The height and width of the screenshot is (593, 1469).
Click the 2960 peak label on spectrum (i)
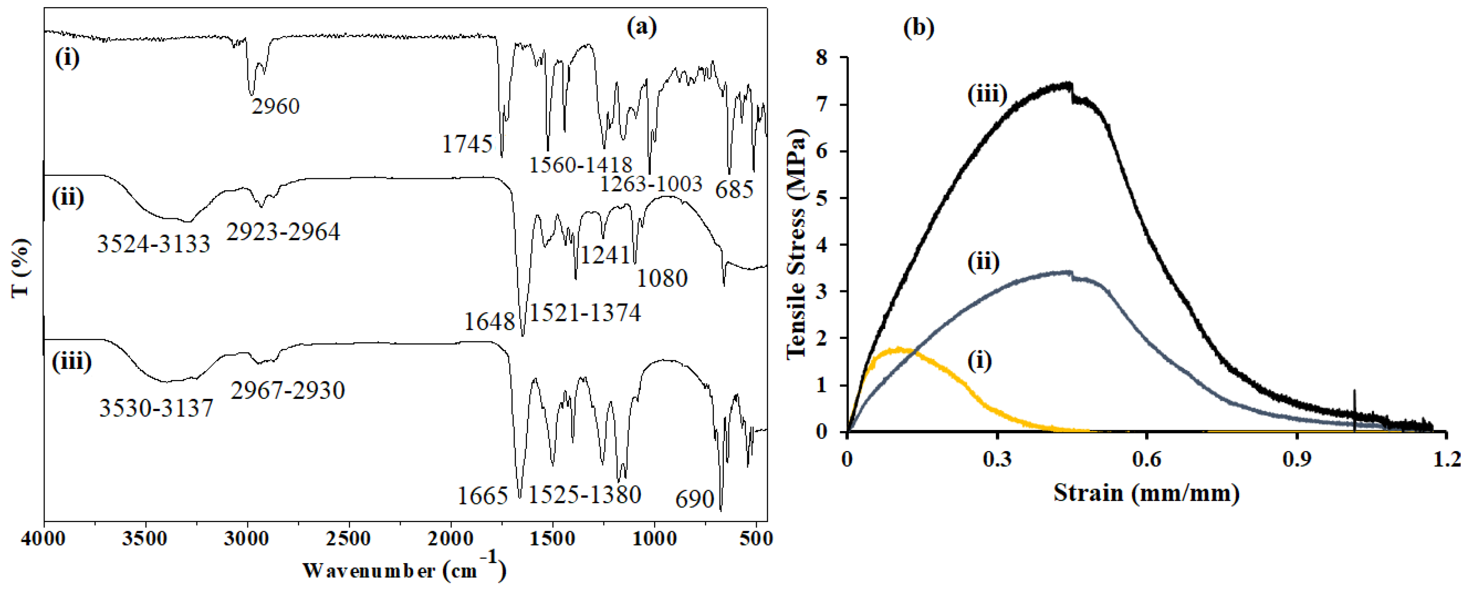click(x=276, y=106)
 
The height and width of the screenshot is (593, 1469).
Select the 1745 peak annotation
click(x=467, y=144)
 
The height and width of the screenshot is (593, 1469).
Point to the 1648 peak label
click(x=489, y=322)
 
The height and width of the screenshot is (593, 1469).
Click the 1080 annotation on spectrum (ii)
click(x=662, y=278)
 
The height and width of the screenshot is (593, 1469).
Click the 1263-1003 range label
click(x=651, y=184)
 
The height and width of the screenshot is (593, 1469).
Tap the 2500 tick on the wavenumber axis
click(x=349, y=539)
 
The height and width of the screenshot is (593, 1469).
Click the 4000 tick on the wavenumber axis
click(x=44, y=539)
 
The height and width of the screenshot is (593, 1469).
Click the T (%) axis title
click(x=21, y=268)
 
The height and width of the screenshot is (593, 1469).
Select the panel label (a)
click(x=642, y=26)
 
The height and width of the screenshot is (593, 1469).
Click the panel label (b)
click(x=919, y=28)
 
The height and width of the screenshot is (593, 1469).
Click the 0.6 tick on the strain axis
click(x=1146, y=459)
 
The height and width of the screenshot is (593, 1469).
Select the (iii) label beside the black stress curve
click(x=987, y=94)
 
